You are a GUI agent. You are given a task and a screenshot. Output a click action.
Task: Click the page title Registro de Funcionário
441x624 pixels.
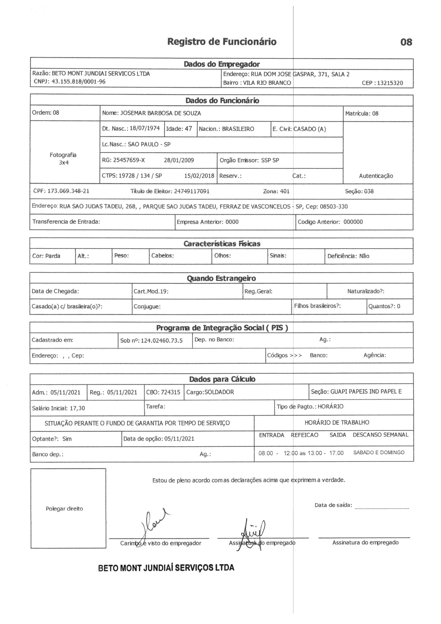[x=222, y=42]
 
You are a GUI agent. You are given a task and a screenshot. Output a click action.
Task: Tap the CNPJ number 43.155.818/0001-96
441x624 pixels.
[x=78, y=81]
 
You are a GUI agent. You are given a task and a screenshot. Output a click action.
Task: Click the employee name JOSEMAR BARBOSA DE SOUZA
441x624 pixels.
[x=160, y=113]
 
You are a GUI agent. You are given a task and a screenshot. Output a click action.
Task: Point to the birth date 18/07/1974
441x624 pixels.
[x=145, y=128]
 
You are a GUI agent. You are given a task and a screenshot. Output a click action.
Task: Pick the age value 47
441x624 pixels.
[x=188, y=129]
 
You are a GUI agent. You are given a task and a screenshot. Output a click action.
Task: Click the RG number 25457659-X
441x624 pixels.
[x=129, y=160]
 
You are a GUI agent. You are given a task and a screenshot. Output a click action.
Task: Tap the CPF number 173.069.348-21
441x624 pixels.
[x=68, y=191]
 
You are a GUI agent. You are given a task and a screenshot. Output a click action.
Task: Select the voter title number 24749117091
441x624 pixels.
[x=192, y=191]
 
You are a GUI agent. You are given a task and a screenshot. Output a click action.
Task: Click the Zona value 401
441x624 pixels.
[x=284, y=191]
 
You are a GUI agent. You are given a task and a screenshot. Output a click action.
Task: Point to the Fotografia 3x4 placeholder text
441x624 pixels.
[x=63, y=159]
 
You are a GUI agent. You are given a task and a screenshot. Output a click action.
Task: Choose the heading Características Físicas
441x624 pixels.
[x=222, y=243]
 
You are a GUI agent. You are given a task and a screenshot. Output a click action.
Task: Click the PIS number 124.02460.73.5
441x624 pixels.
[x=162, y=341]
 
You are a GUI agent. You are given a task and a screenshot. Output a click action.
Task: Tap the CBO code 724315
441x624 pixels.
[x=170, y=392]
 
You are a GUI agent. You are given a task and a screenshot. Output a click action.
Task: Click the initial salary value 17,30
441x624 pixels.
[x=77, y=408]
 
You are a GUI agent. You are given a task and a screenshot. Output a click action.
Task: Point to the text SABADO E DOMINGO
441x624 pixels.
[x=379, y=452]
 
